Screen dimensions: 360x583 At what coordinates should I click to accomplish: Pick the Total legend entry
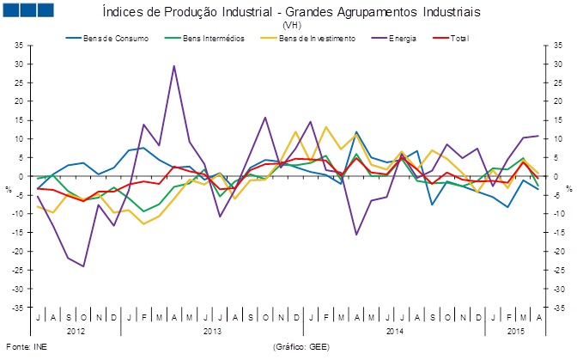point(459,39)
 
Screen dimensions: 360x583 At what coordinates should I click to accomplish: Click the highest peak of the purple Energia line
point(174,65)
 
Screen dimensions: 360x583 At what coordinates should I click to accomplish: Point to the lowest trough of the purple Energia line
point(83,266)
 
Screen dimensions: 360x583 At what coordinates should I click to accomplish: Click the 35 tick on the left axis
point(20,46)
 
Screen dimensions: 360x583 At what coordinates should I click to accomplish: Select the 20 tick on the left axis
point(20,101)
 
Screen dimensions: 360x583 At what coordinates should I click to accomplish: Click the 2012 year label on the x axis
point(76,331)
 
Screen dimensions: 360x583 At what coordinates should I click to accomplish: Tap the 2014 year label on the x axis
point(394,331)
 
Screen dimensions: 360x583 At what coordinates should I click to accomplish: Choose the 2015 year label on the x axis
point(516,331)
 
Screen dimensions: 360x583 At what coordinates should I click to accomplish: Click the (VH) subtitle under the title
point(291,26)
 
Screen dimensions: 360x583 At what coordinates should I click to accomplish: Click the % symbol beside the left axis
point(9,188)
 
